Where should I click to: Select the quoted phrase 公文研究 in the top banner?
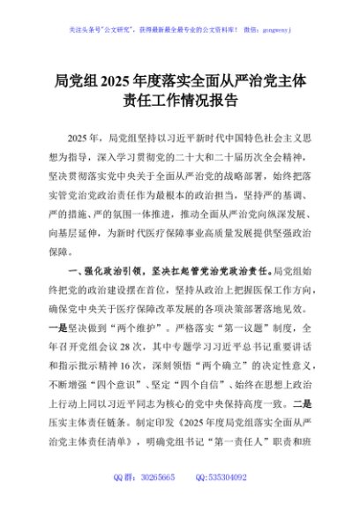coord(121,29)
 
